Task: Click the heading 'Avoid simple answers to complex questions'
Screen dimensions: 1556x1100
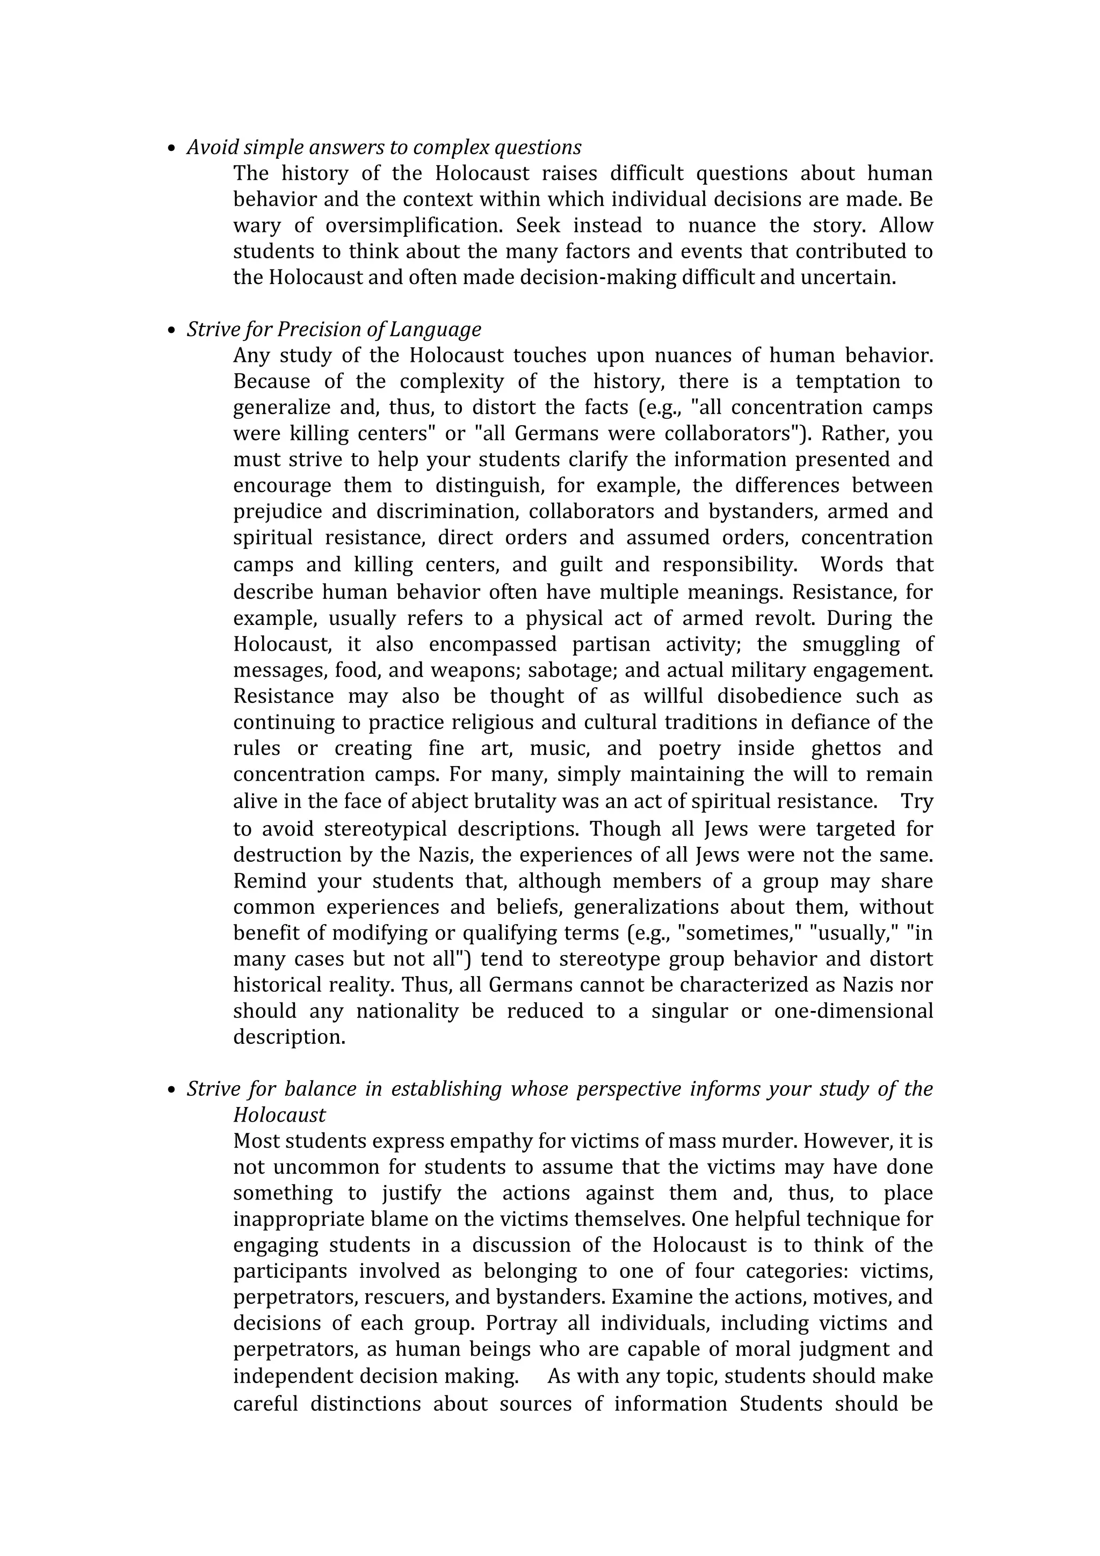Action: pos(383,148)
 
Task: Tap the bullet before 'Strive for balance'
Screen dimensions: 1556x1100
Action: pos(171,1090)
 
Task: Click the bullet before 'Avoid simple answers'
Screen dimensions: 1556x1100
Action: pos(171,148)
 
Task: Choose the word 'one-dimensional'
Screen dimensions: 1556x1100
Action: pos(853,1012)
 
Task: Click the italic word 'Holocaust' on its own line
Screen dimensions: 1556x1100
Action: pos(279,1116)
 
